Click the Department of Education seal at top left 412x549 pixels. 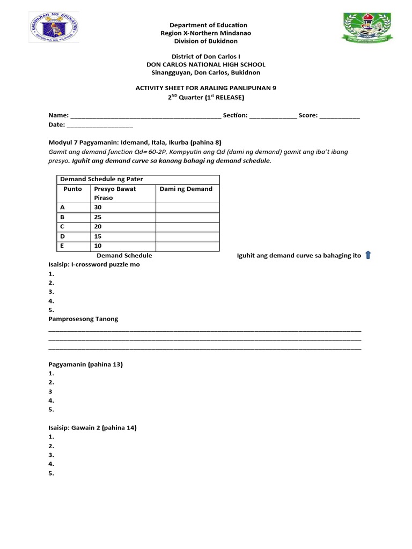pyautogui.click(x=53, y=29)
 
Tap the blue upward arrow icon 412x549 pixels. pyautogui.click(x=368, y=255)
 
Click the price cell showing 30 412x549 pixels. pyautogui.click(x=98, y=207)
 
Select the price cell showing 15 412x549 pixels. pyautogui.click(x=98, y=236)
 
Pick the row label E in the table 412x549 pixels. pyautogui.click(x=63, y=246)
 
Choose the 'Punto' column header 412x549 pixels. pyautogui.click(x=72, y=189)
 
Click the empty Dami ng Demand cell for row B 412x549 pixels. pyautogui.click(x=187, y=217)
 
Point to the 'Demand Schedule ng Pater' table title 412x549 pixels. pyautogui.click(x=101, y=179)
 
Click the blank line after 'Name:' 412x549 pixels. pyautogui.click(x=145, y=116)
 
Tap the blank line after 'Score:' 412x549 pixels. pyautogui.click(x=340, y=116)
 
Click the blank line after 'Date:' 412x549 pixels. pyautogui.click(x=100, y=125)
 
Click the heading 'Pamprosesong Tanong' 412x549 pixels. pyautogui.click(x=83, y=319)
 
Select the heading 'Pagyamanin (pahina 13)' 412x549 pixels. pyautogui.click(x=86, y=365)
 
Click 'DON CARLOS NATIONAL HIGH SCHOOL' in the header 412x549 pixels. pyautogui.click(x=206, y=64)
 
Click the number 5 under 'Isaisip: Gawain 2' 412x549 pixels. pyautogui.click(x=51, y=473)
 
